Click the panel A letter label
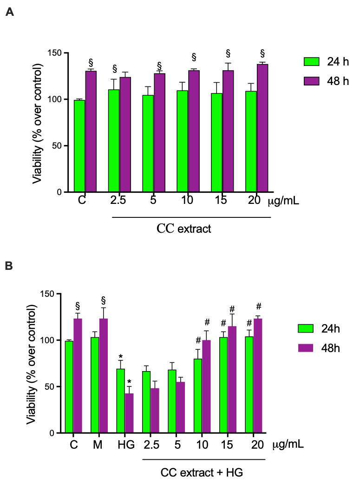[10, 12]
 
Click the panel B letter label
[9, 266]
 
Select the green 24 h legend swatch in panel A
[312, 62]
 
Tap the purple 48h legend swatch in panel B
[305, 348]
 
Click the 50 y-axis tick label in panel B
[49, 386]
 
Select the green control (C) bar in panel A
[80, 146]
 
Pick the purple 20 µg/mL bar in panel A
[262, 128]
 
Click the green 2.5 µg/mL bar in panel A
[114, 141]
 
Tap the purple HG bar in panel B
[130, 413]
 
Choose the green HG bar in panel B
[121, 401]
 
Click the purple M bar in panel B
[104, 376]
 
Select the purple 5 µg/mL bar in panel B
[180, 407]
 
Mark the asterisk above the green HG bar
[121, 356]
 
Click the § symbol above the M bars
[104, 301]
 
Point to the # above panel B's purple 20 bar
[258, 306]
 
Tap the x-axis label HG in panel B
[126, 444]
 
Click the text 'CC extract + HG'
[202, 472]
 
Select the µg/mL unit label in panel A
[283, 200]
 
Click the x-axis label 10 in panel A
[187, 200]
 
